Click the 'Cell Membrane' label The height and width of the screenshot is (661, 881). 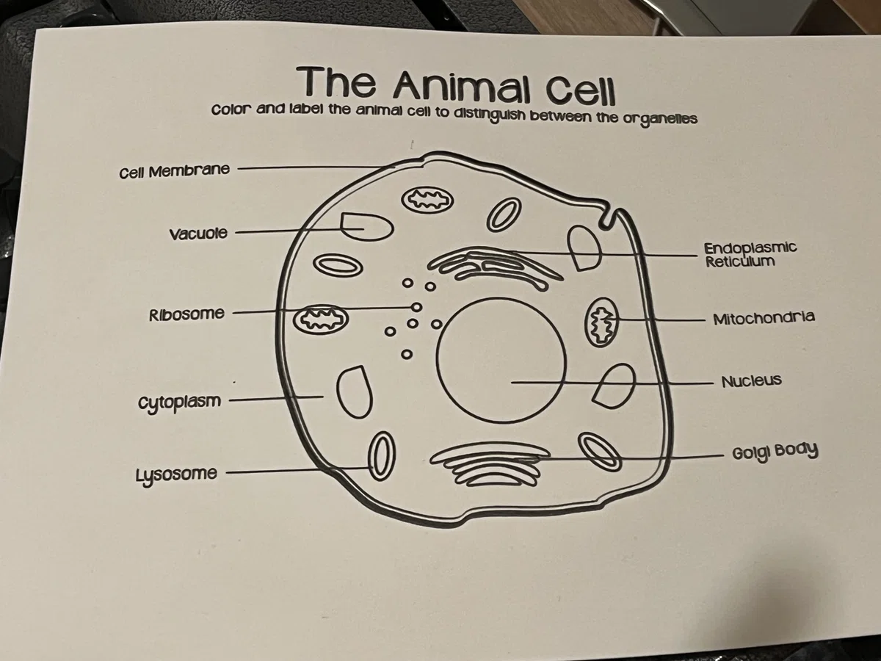tap(175, 171)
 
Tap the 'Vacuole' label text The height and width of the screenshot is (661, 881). tap(198, 234)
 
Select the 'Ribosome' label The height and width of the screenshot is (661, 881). tap(186, 314)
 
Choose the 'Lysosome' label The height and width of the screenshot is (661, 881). tap(176, 474)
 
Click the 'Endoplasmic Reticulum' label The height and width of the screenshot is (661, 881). tap(750, 254)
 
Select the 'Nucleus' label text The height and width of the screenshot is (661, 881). tap(752, 380)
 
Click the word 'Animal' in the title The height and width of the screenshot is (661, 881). tap(463, 89)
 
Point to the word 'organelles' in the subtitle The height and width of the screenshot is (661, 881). tap(659, 119)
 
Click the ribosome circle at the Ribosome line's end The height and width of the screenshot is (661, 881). tap(416, 307)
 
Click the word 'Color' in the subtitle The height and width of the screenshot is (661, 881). tap(231, 110)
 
